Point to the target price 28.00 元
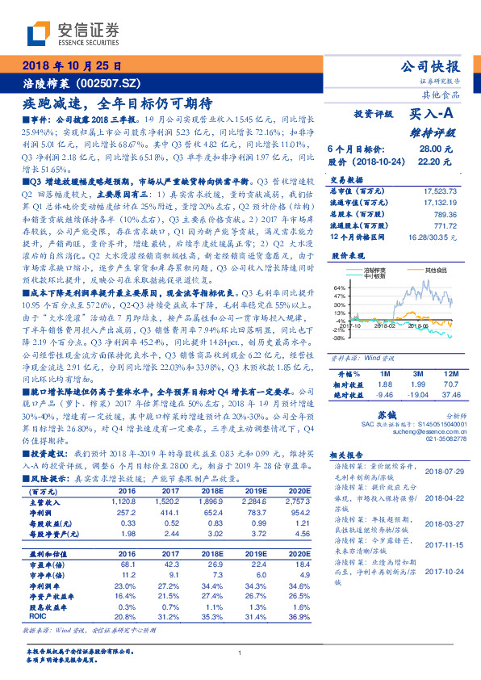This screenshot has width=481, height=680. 429,149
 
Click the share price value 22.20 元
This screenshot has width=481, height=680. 429,162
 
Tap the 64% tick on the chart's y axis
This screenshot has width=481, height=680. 340,287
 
